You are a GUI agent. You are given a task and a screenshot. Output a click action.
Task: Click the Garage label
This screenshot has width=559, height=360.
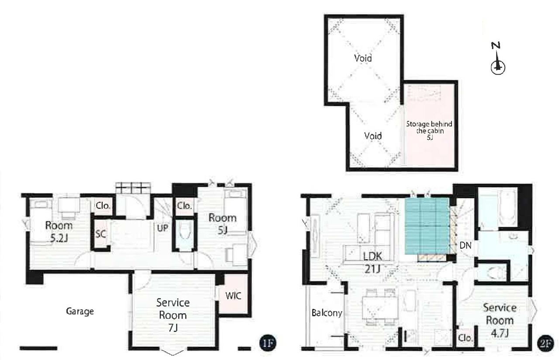pyautogui.click(x=80, y=312)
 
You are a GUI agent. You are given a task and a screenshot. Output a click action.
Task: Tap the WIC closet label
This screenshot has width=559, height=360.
pyautogui.click(x=233, y=296)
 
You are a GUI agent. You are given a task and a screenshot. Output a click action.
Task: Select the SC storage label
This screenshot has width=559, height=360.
pyautogui.click(x=101, y=234)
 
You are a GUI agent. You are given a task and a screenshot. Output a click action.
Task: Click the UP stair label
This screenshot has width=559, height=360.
pyautogui.click(x=163, y=228)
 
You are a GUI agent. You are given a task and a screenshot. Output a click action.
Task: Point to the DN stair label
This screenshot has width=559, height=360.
pyautogui.click(x=466, y=246)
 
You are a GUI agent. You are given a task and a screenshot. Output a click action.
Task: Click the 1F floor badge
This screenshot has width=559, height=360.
pyautogui.click(x=268, y=343)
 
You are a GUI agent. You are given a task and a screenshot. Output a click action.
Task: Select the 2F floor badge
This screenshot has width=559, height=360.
pyautogui.click(x=545, y=343)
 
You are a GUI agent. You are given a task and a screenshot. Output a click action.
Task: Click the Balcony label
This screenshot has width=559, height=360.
pyautogui.click(x=327, y=313)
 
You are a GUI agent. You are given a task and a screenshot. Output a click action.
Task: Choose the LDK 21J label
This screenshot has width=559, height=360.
pyautogui.click(x=373, y=262)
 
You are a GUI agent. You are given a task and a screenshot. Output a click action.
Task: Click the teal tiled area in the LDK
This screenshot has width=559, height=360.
pyautogui.click(x=427, y=226)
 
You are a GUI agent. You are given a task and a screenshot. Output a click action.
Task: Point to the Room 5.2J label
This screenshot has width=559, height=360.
pyautogui.click(x=59, y=232)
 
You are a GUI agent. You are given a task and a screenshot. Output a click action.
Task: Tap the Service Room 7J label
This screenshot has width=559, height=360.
pyautogui.click(x=173, y=315)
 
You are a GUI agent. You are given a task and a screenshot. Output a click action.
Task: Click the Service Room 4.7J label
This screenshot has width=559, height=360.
pyautogui.click(x=500, y=320)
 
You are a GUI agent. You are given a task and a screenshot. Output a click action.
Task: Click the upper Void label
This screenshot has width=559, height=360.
pyautogui.click(x=363, y=58)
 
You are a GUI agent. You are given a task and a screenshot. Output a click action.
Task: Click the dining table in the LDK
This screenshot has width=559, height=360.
pyautogui.click(x=380, y=308)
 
